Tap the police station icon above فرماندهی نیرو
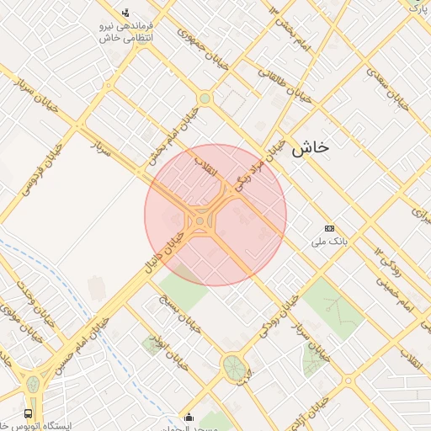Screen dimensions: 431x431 coord(125,12)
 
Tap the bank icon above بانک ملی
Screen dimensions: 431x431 coord(329,228)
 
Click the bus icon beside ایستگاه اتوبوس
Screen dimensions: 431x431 coord(29,413)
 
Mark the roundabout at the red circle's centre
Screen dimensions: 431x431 coord(201,222)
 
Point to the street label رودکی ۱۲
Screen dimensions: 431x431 coord(391,263)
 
